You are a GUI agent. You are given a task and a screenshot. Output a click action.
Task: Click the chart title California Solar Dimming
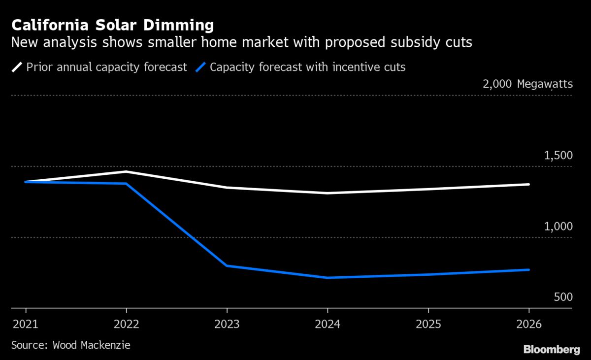pos(113,26)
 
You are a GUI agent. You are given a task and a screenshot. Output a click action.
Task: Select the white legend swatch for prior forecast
pos(17,67)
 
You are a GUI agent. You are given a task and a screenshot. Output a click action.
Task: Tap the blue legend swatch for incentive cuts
pos(200,67)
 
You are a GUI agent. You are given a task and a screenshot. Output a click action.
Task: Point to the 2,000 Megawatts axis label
pos(527,84)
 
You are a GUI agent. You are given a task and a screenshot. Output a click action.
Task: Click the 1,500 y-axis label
pos(558,156)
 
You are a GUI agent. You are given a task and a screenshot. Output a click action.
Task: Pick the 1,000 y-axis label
pos(558,227)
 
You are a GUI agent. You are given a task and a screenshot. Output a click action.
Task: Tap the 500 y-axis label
pos(563,297)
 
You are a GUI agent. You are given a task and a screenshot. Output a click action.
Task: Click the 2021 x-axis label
pos(26,325)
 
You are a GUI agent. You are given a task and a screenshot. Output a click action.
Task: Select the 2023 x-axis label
pos(227,325)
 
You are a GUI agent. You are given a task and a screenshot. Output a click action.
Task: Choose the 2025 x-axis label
pos(428,325)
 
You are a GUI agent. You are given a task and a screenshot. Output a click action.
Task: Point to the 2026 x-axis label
pos(528,325)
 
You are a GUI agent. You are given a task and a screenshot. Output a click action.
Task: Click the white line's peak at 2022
pos(127,171)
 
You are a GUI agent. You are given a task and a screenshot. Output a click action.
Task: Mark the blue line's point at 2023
pos(227,265)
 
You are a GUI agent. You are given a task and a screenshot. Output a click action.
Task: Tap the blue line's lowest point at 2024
pos(328,278)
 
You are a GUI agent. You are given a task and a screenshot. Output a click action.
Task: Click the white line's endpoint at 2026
pos(528,184)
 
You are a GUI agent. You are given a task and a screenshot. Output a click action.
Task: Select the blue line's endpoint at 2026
pos(528,269)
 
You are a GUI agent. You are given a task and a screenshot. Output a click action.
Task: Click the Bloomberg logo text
pos(551,350)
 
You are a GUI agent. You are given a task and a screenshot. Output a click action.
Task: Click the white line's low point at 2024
pos(328,193)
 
